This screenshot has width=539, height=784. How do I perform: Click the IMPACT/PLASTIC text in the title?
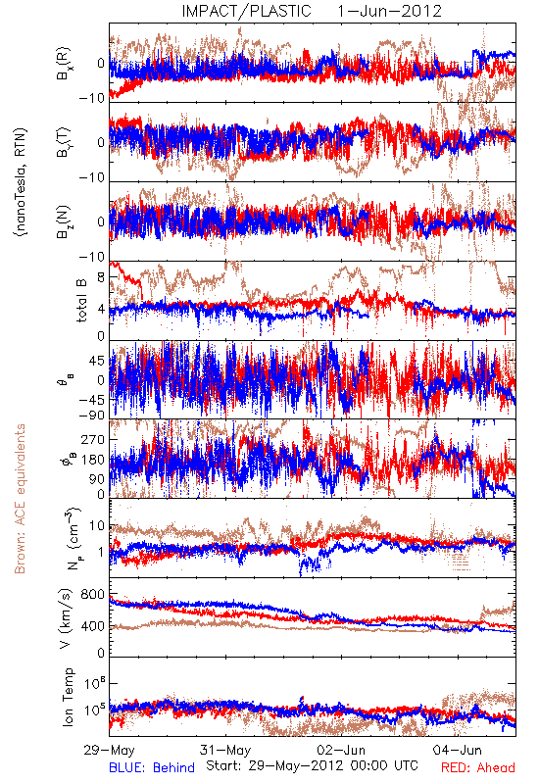click(x=247, y=11)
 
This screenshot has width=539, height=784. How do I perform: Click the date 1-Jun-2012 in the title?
click(x=389, y=11)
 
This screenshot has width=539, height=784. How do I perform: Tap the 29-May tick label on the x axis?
click(x=109, y=750)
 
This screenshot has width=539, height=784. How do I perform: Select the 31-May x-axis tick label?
click(x=225, y=750)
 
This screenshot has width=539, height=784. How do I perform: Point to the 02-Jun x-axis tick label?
click(x=341, y=750)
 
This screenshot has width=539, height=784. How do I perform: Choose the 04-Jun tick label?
click(x=458, y=750)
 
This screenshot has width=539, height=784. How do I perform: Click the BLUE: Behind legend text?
click(x=152, y=767)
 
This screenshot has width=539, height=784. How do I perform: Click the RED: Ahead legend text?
click(x=478, y=767)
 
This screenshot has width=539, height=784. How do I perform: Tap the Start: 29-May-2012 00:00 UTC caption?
click(x=312, y=765)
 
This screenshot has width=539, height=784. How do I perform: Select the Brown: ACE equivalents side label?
click(x=20, y=499)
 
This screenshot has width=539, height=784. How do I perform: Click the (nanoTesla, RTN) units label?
click(x=21, y=182)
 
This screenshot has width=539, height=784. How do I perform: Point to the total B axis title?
click(x=80, y=300)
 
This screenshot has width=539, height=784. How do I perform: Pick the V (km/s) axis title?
click(x=66, y=618)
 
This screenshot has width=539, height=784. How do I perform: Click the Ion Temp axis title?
click(x=68, y=697)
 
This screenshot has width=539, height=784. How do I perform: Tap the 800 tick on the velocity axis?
click(x=92, y=595)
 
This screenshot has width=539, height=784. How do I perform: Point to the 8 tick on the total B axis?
click(x=101, y=277)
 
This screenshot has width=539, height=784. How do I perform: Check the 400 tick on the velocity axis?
click(x=92, y=626)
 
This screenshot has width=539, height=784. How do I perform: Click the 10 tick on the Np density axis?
click(x=97, y=526)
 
